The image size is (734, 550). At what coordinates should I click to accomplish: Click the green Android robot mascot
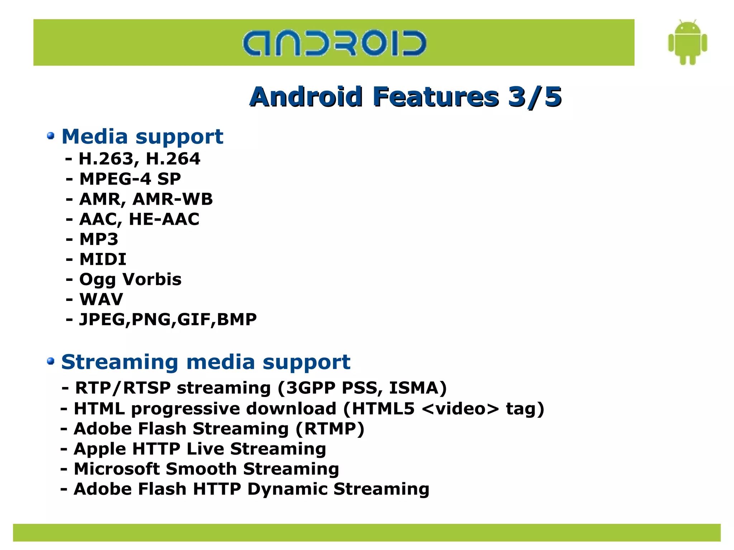[x=687, y=42]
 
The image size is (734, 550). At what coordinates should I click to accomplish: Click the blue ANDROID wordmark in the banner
[x=334, y=43]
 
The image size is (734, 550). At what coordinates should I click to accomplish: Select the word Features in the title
[x=435, y=97]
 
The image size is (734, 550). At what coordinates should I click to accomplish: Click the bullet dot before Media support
[x=51, y=136]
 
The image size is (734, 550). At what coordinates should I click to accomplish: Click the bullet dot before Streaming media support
[x=51, y=361]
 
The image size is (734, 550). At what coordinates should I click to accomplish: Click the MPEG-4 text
[x=115, y=179]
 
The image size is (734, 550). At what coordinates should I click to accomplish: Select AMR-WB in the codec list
[x=172, y=199]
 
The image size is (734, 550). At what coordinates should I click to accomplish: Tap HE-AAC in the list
[x=164, y=219]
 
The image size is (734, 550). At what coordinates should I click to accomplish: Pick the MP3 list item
[x=99, y=239]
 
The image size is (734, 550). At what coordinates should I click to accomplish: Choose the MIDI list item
[x=103, y=259]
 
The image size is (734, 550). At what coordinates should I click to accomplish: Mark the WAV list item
[x=101, y=299]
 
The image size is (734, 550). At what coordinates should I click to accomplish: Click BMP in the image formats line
[x=237, y=319]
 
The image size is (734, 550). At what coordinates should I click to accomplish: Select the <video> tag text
[x=461, y=408]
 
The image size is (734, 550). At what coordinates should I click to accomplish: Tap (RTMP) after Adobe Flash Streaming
[x=330, y=429]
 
